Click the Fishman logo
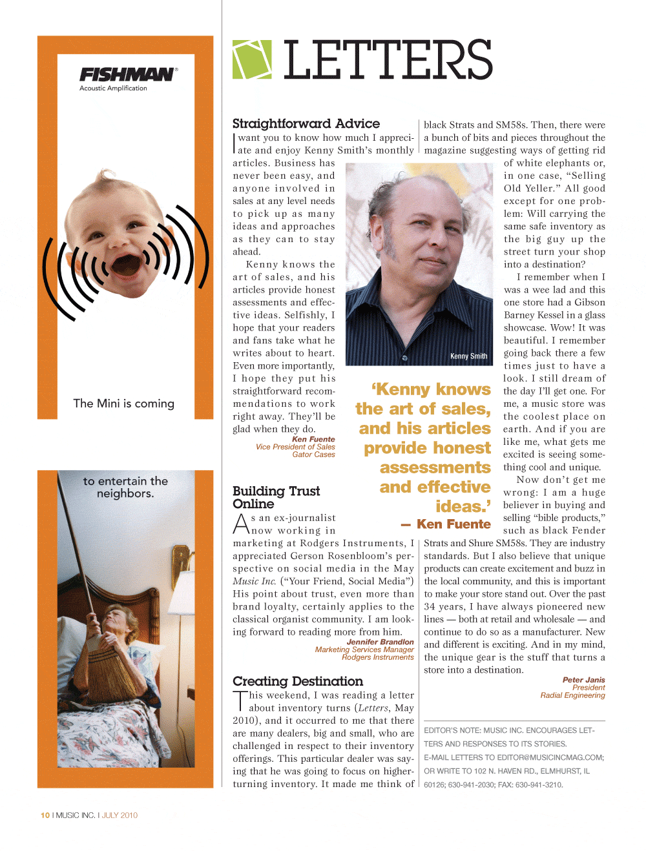click(127, 75)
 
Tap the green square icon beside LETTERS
click(252, 59)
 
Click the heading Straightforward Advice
click(306, 123)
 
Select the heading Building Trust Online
click(276, 497)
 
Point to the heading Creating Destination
click(298, 681)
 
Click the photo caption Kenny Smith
click(468, 356)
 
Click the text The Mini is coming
click(124, 404)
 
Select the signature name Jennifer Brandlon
click(380, 642)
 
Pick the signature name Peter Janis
click(583, 680)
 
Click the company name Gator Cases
click(313, 455)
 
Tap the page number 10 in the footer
click(45, 815)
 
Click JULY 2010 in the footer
click(120, 815)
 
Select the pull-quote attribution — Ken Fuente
click(446, 524)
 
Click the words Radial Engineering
click(572, 695)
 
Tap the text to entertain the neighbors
click(125, 487)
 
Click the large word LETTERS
click(388, 60)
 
